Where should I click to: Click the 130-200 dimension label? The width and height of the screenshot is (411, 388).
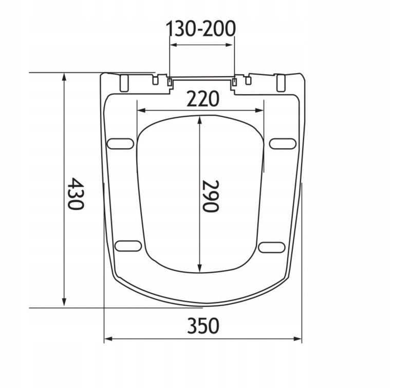[x=201, y=28]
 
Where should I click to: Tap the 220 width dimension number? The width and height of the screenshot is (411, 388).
[x=202, y=99]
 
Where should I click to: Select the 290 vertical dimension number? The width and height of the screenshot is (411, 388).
[x=210, y=196]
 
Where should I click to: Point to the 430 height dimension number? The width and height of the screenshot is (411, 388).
[x=76, y=193]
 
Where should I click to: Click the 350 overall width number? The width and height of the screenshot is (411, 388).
[x=203, y=326]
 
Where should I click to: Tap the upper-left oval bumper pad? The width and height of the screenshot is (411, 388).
[x=120, y=144]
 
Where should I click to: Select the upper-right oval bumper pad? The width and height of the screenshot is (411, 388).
[x=283, y=144]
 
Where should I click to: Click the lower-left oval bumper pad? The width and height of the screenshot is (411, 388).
[x=128, y=245]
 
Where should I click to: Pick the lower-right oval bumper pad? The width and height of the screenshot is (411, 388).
[x=272, y=248]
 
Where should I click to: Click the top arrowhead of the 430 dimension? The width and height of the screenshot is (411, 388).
[x=64, y=77]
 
